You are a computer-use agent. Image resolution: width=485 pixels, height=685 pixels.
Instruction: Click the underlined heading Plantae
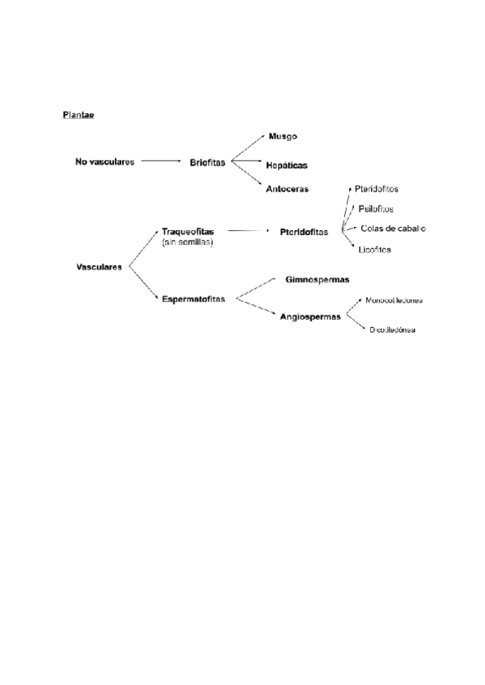click(x=79, y=114)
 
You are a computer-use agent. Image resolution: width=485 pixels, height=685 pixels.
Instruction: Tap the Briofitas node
click(x=208, y=162)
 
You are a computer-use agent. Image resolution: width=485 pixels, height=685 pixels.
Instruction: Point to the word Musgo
click(x=282, y=137)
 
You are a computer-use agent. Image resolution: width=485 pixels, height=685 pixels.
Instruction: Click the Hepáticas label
click(x=287, y=165)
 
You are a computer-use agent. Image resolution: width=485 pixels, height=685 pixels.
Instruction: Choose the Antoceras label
click(x=287, y=189)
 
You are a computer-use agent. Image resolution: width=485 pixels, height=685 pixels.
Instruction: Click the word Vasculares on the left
click(x=99, y=267)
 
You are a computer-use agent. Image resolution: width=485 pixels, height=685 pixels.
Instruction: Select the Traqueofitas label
click(x=188, y=231)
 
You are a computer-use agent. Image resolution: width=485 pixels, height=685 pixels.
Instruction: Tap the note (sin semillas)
click(x=188, y=241)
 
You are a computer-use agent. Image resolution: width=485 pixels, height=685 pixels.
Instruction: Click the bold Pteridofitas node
click(x=304, y=232)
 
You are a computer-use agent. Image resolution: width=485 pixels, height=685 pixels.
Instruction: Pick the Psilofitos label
click(x=376, y=208)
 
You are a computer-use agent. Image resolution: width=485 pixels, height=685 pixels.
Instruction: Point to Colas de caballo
click(x=394, y=228)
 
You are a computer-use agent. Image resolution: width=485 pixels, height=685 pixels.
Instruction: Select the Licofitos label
click(x=375, y=250)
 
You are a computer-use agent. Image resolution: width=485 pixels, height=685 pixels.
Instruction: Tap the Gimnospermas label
click(x=317, y=279)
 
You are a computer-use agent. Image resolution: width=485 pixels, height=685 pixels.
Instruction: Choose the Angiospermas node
click(x=310, y=316)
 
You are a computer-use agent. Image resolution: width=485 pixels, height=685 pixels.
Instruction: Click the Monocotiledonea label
click(x=394, y=300)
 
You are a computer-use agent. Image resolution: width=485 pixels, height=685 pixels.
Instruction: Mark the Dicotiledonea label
click(x=393, y=330)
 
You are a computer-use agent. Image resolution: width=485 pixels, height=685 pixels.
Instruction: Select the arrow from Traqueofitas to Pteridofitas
click(x=247, y=231)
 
